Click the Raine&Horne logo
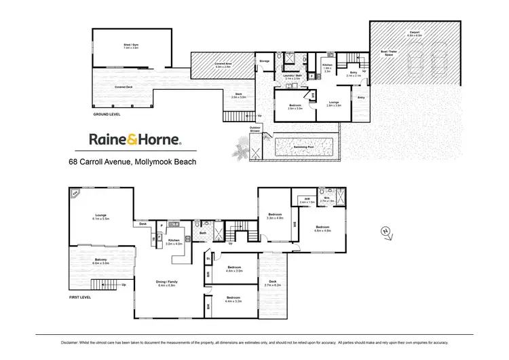coord(135,140)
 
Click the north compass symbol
coord(385,232)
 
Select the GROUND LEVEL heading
coord(109,115)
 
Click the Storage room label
coord(264,62)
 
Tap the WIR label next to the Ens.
coord(307,201)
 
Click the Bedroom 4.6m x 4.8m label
coord(323,228)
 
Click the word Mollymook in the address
coord(155,162)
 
